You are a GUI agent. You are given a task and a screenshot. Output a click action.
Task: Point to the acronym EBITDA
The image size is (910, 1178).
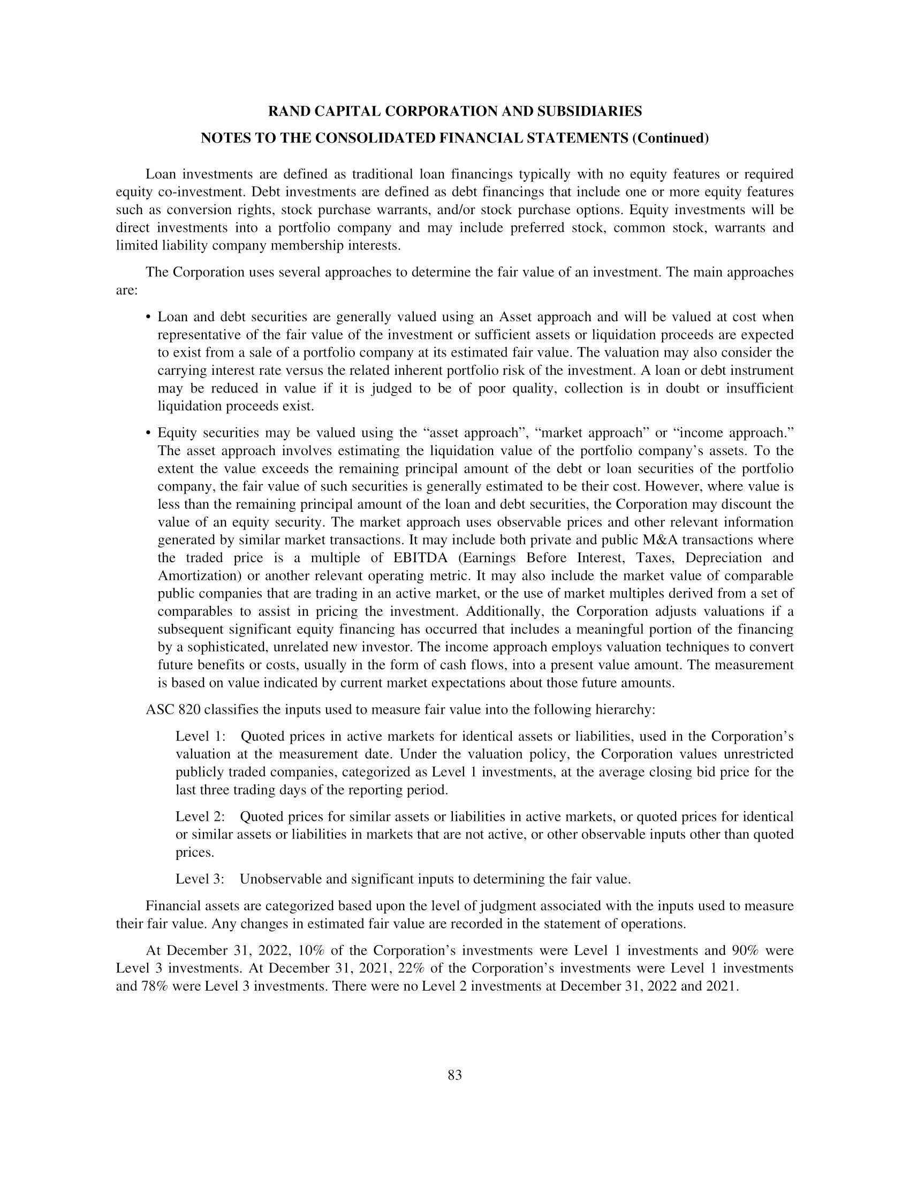coord(418,558)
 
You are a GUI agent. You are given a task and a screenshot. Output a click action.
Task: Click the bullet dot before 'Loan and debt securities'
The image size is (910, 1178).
coord(148,317)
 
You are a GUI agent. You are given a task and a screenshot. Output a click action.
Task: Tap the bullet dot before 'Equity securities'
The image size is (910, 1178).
coord(148,433)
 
